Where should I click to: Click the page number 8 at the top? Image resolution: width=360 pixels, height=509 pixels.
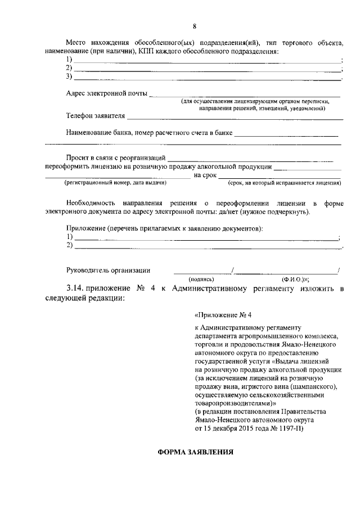(194, 26)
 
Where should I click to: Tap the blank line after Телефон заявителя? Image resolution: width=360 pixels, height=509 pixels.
(235, 119)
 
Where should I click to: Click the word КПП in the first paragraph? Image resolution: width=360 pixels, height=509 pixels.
(147, 51)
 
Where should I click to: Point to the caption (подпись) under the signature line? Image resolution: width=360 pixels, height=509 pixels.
(201, 278)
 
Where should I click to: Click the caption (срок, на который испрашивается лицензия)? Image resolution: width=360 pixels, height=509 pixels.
(284, 183)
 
